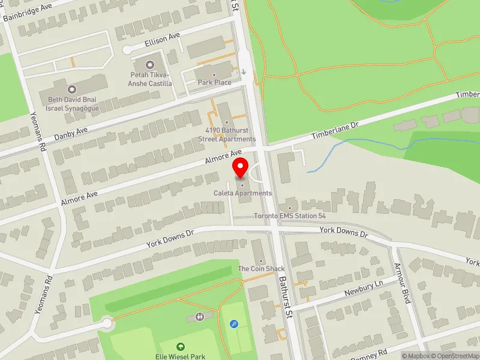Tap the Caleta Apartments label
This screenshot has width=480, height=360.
pyautogui.click(x=242, y=193)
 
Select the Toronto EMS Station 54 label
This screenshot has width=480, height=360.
pyautogui.click(x=290, y=216)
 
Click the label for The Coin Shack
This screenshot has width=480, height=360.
pyautogui.click(x=261, y=269)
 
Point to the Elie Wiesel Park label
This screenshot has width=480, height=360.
pyautogui.click(x=181, y=356)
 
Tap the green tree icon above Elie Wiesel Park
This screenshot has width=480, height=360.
pyautogui.click(x=181, y=346)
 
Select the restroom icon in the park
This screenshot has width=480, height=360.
pyautogui.click(x=200, y=316)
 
